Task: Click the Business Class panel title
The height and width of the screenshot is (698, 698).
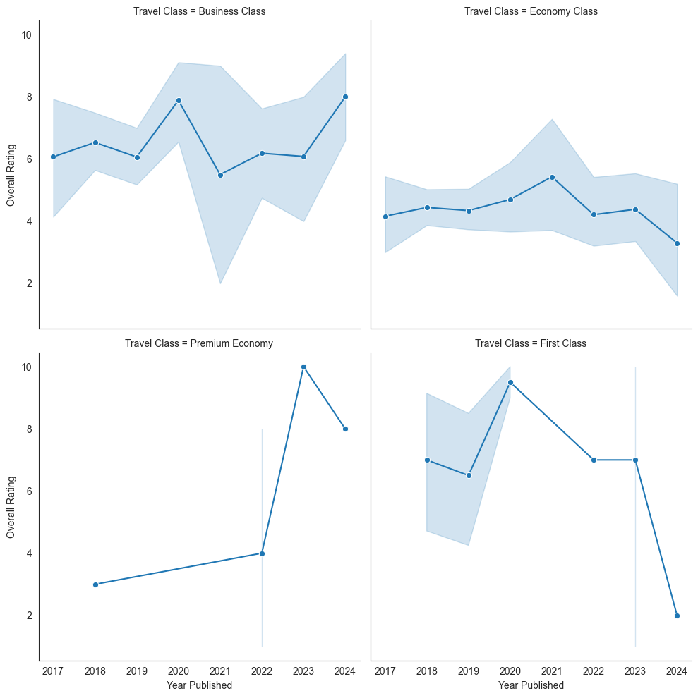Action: [199, 11]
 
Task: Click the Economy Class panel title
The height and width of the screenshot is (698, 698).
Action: [531, 11]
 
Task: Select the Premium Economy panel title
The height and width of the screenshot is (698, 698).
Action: [199, 343]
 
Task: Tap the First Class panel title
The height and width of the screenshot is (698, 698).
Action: [531, 343]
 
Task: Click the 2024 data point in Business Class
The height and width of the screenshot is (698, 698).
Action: [345, 97]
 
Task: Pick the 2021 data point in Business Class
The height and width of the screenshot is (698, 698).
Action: [220, 175]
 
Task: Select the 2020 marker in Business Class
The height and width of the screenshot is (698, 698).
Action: [179, 100]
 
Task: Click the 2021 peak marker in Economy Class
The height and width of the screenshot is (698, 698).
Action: [552, 177]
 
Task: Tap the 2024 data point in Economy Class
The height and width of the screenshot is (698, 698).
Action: [677, 243]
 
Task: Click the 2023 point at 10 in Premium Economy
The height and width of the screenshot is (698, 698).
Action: [303, 367]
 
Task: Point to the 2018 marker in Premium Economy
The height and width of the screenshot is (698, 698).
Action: [95, 584]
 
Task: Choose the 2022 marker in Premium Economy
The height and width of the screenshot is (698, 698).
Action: [262, 553]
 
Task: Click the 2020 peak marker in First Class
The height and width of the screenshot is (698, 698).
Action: [510, 382]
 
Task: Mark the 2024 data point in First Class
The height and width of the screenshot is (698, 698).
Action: [677, 616]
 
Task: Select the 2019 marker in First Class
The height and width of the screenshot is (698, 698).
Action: [469, 475]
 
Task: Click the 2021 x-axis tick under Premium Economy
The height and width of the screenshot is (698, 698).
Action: [220, 670]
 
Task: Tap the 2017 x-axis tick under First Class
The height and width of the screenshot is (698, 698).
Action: [385, 670]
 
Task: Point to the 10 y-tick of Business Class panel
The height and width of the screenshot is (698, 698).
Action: [27, 35]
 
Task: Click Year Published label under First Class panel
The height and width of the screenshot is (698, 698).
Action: [531, 685]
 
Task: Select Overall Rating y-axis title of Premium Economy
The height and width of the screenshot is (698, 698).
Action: [11, 506]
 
